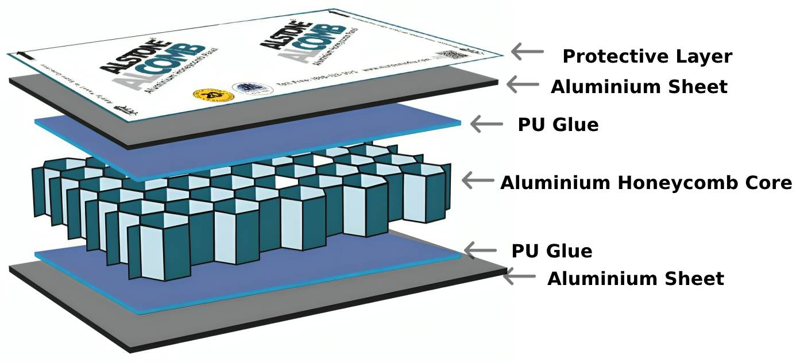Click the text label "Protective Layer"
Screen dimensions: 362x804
coord(647,57)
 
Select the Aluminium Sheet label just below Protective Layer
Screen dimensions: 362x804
coord(639,87)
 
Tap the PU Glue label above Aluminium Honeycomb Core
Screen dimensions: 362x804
coord(558,125)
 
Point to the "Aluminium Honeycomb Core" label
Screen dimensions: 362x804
coord(646,183)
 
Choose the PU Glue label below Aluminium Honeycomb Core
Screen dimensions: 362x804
coord(551,251)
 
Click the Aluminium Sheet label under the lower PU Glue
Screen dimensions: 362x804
coord(635,279)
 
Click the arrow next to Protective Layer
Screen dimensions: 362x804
coord(527,52)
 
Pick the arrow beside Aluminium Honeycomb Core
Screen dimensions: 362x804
coord(478,180)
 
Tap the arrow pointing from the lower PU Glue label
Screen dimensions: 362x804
coord(480,250)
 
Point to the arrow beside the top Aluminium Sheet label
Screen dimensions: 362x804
coord(522,84)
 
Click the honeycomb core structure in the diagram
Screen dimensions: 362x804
coord(241,207)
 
